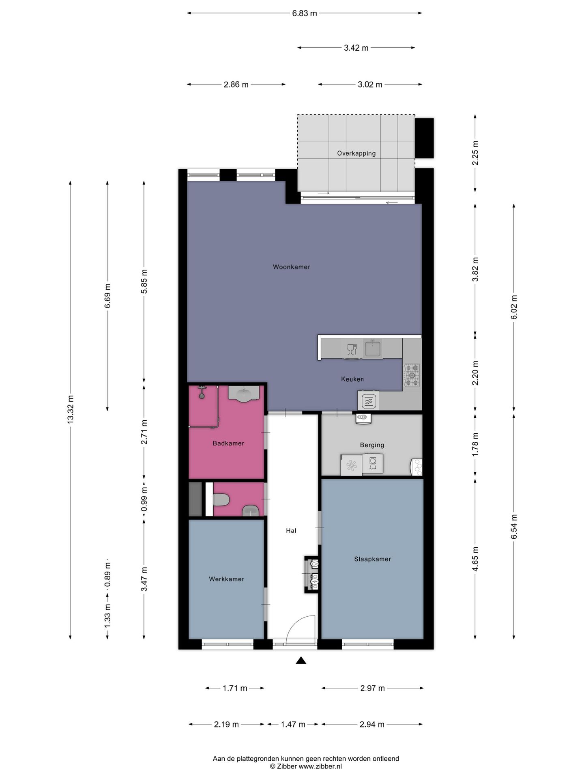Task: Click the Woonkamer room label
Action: [291, 267]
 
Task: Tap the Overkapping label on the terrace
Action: [356, 153]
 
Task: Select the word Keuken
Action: [352, 379]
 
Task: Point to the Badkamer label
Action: [228, 443]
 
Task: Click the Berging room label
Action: [372, 445]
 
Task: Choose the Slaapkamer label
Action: [372, 559]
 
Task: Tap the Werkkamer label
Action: [226, 579]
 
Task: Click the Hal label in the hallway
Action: [291, 530]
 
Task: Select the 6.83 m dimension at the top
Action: [305, 13]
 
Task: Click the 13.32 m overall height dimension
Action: [71, 410]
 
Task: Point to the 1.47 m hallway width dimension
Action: [293, 724]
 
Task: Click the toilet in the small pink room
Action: [221, 499]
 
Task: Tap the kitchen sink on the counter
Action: [372, 348]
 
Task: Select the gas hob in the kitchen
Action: [412, 375]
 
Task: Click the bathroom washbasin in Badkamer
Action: [243, 394]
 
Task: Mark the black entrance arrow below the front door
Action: [301, 661]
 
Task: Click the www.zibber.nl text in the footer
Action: [320, 766]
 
